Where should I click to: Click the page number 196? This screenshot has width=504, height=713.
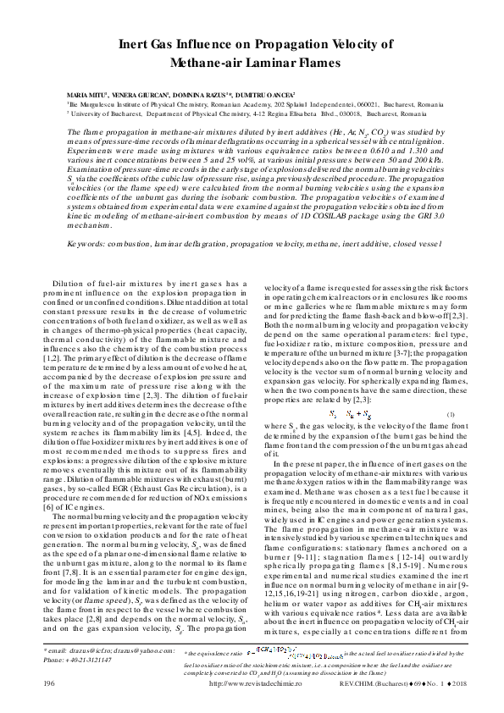click(49, 682)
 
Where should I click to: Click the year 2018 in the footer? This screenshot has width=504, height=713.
click(451, 682)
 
